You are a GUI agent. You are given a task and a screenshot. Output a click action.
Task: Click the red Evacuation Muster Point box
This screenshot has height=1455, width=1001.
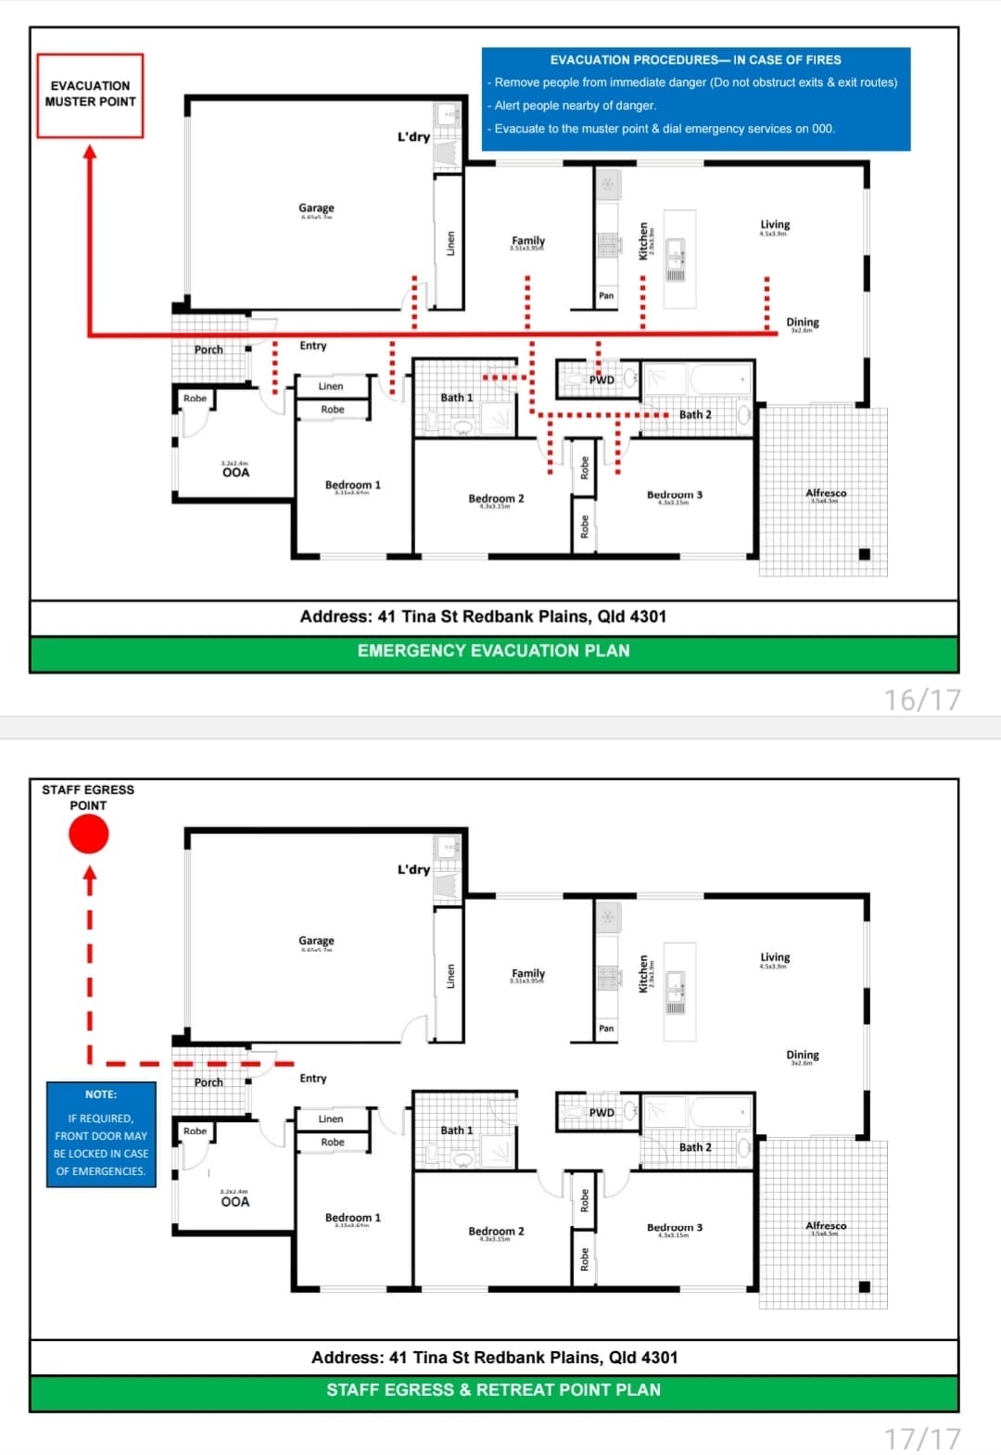(x=90, y=95)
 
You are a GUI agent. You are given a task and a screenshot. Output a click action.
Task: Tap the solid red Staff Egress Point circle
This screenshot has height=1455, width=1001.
(x=89, y=834)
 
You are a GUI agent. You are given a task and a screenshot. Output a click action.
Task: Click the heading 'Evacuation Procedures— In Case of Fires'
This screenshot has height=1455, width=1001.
(x=695, y=59)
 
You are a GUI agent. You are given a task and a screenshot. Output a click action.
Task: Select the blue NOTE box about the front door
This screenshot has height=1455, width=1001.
(x=101, y=1133)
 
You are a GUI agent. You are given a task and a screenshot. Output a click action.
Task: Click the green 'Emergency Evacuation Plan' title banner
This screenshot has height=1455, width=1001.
(x=494, y=652)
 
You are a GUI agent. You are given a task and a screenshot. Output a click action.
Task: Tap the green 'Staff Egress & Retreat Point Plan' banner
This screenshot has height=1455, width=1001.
(x=494, y=1390)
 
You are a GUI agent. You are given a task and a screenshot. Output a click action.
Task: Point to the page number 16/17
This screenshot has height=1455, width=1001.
(x=922, y=700)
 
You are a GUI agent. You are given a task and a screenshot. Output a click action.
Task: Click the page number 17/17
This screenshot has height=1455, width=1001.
(x=922, y=1438)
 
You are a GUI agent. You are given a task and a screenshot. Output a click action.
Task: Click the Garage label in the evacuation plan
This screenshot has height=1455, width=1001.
(x=316, y=209)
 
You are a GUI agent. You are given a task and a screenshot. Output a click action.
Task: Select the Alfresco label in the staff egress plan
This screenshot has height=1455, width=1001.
(x=826, y=1226)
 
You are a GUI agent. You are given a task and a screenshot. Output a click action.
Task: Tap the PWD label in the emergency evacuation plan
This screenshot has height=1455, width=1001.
(x=602, y=380)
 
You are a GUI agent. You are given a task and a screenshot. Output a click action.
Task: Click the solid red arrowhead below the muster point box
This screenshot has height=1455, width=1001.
(x=90, y=151)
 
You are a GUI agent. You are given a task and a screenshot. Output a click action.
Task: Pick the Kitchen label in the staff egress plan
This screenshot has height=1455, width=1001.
(x=643, y=974)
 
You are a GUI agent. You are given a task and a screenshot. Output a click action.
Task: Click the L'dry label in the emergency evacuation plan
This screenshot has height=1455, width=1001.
(x=413, y=137)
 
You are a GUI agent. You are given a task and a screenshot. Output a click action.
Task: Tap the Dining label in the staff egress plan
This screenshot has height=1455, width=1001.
(x=803, y=1055)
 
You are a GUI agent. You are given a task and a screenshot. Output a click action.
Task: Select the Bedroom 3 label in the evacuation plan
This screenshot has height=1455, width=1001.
(x=674, y=495)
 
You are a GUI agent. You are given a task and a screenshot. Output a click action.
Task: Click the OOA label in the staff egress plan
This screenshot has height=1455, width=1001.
(x=235, y=1202)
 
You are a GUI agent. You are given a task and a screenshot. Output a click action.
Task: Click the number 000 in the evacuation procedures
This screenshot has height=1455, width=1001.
(x=822, y=129)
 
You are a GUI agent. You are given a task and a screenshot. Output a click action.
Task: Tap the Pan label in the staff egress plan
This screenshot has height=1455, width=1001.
(x=606, y=1028)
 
